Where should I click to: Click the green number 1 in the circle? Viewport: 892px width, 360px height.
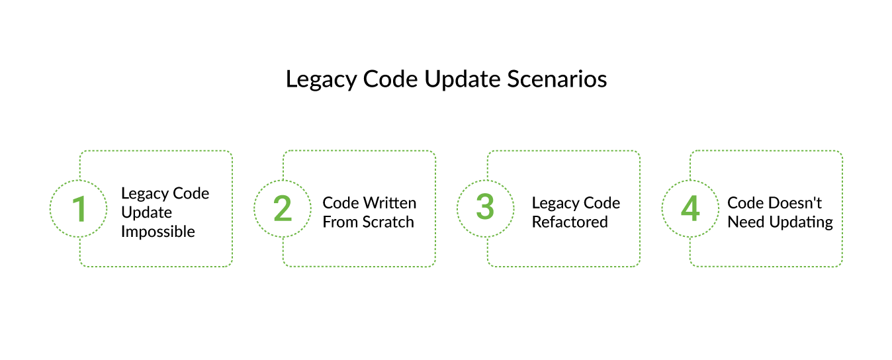[79, 208]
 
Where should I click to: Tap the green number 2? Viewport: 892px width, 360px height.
[283, 208]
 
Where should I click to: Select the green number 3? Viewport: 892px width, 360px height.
[486, 208]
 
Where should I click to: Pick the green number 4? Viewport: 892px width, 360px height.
[690, 208]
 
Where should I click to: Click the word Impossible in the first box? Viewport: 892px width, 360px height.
[158, 232]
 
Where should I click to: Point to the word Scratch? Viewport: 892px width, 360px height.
[388, 222]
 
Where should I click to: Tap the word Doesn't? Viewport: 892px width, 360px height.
[795, 203]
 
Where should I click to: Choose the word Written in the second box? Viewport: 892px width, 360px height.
[390, 203]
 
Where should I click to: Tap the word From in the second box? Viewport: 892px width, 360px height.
[339, 222]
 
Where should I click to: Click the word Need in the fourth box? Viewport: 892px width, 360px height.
[745, 222]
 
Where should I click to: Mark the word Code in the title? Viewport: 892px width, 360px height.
[390, 79]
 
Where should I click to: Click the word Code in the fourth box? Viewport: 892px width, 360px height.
[746, 203]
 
